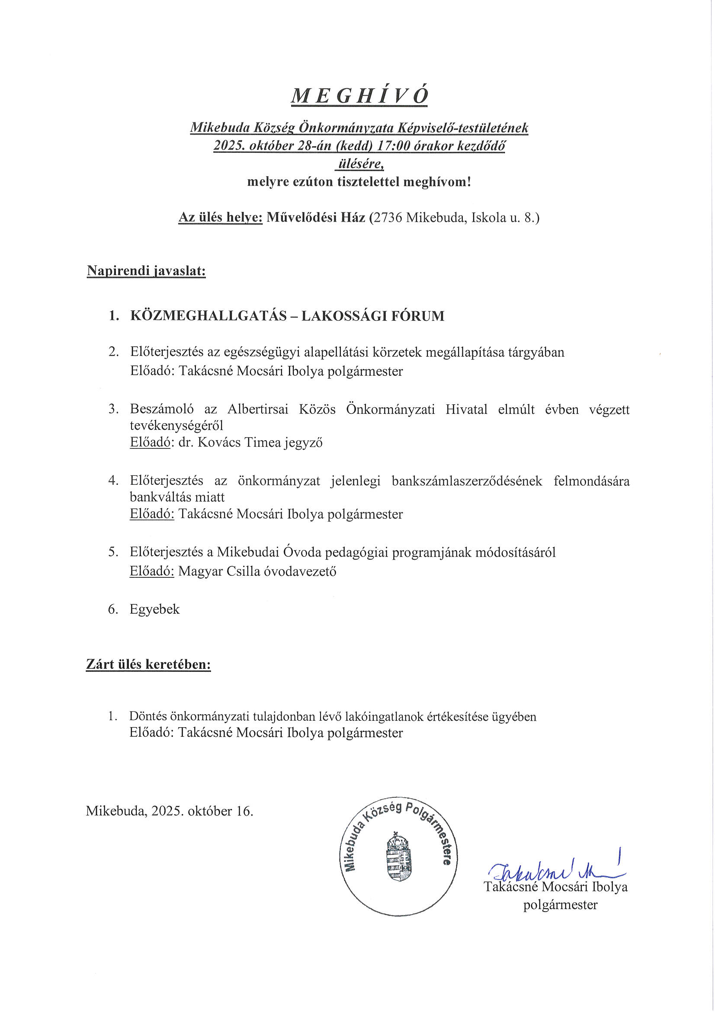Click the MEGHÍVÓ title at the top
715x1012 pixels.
(x=359, y=96)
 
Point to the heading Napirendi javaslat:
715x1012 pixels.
(x=146, y=271)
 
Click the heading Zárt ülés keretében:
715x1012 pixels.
(x=148, y=664)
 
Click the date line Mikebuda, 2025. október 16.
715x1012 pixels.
(x=170, y=811)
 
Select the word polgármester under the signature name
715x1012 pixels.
(x=561, y=905)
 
